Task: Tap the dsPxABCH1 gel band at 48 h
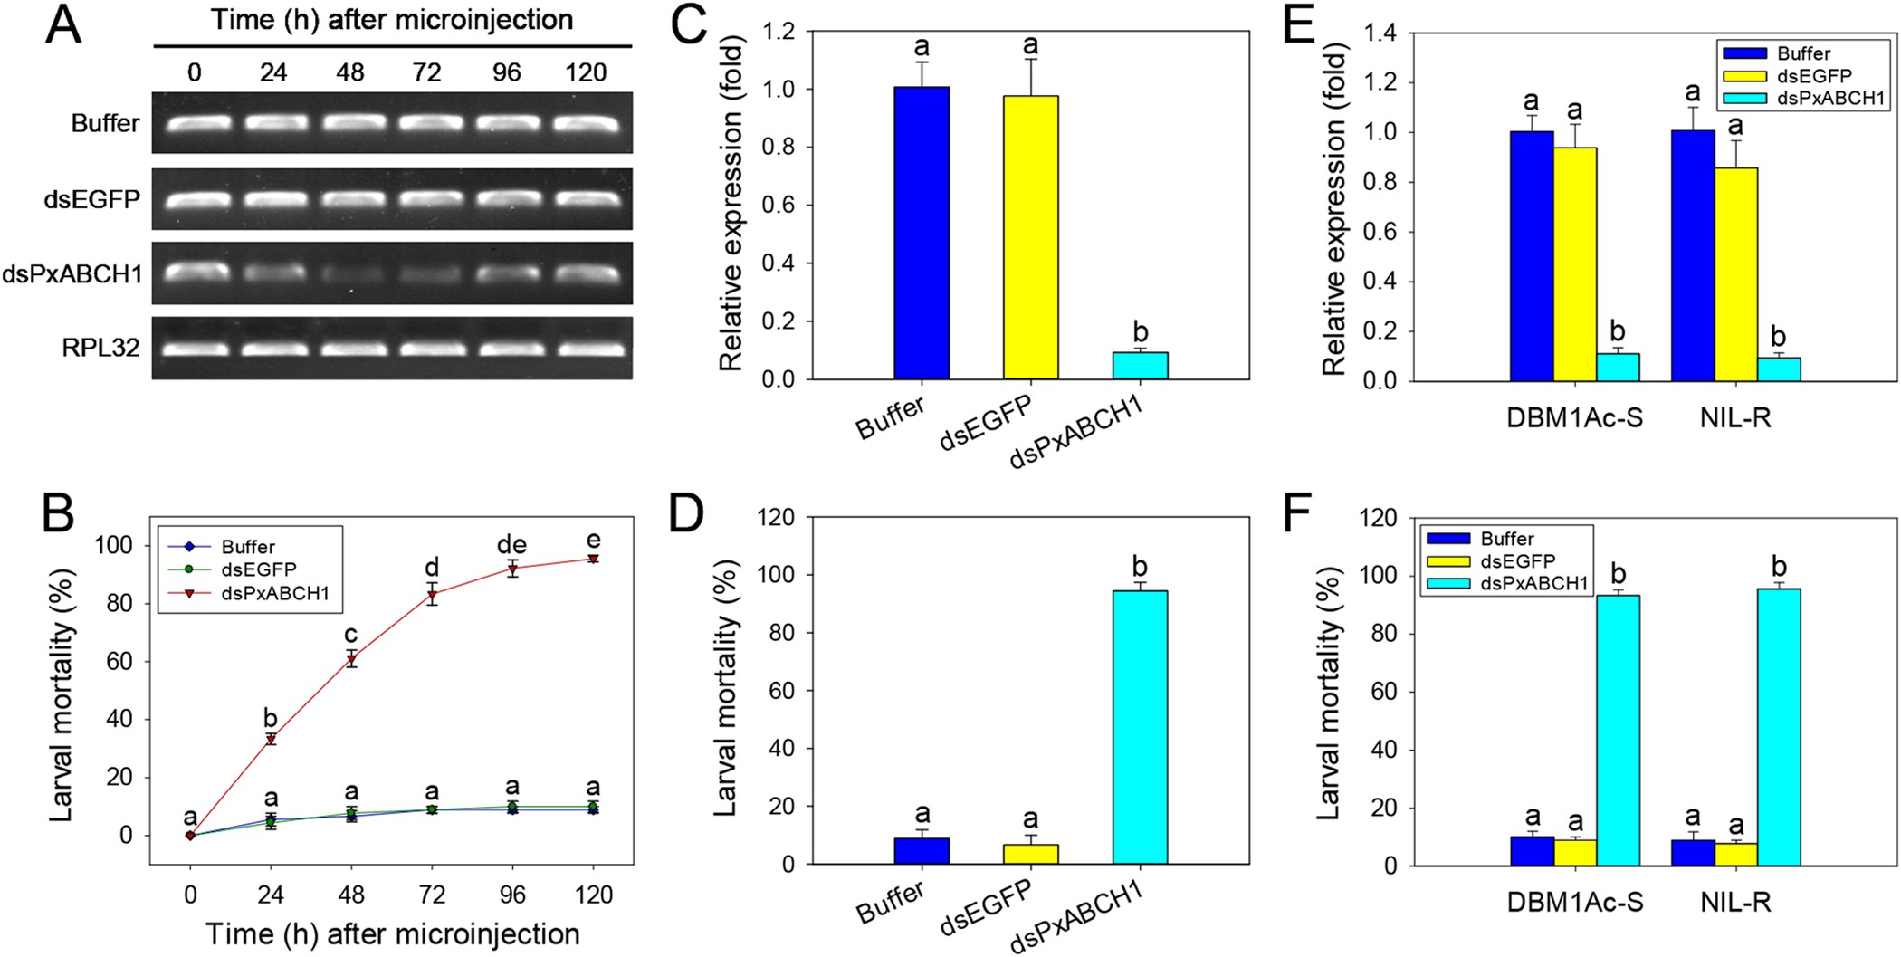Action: coord(350,274)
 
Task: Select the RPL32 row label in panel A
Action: coord(100,348)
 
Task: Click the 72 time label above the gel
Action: coord(427,72)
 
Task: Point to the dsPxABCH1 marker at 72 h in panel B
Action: coord(433,595)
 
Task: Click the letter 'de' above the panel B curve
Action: coord(511,545)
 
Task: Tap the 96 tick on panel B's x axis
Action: coord(512,895)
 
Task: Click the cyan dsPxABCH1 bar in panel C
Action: coord(1140,366)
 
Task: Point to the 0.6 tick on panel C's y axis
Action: coord(779,206)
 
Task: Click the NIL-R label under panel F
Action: coord(1735,904)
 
